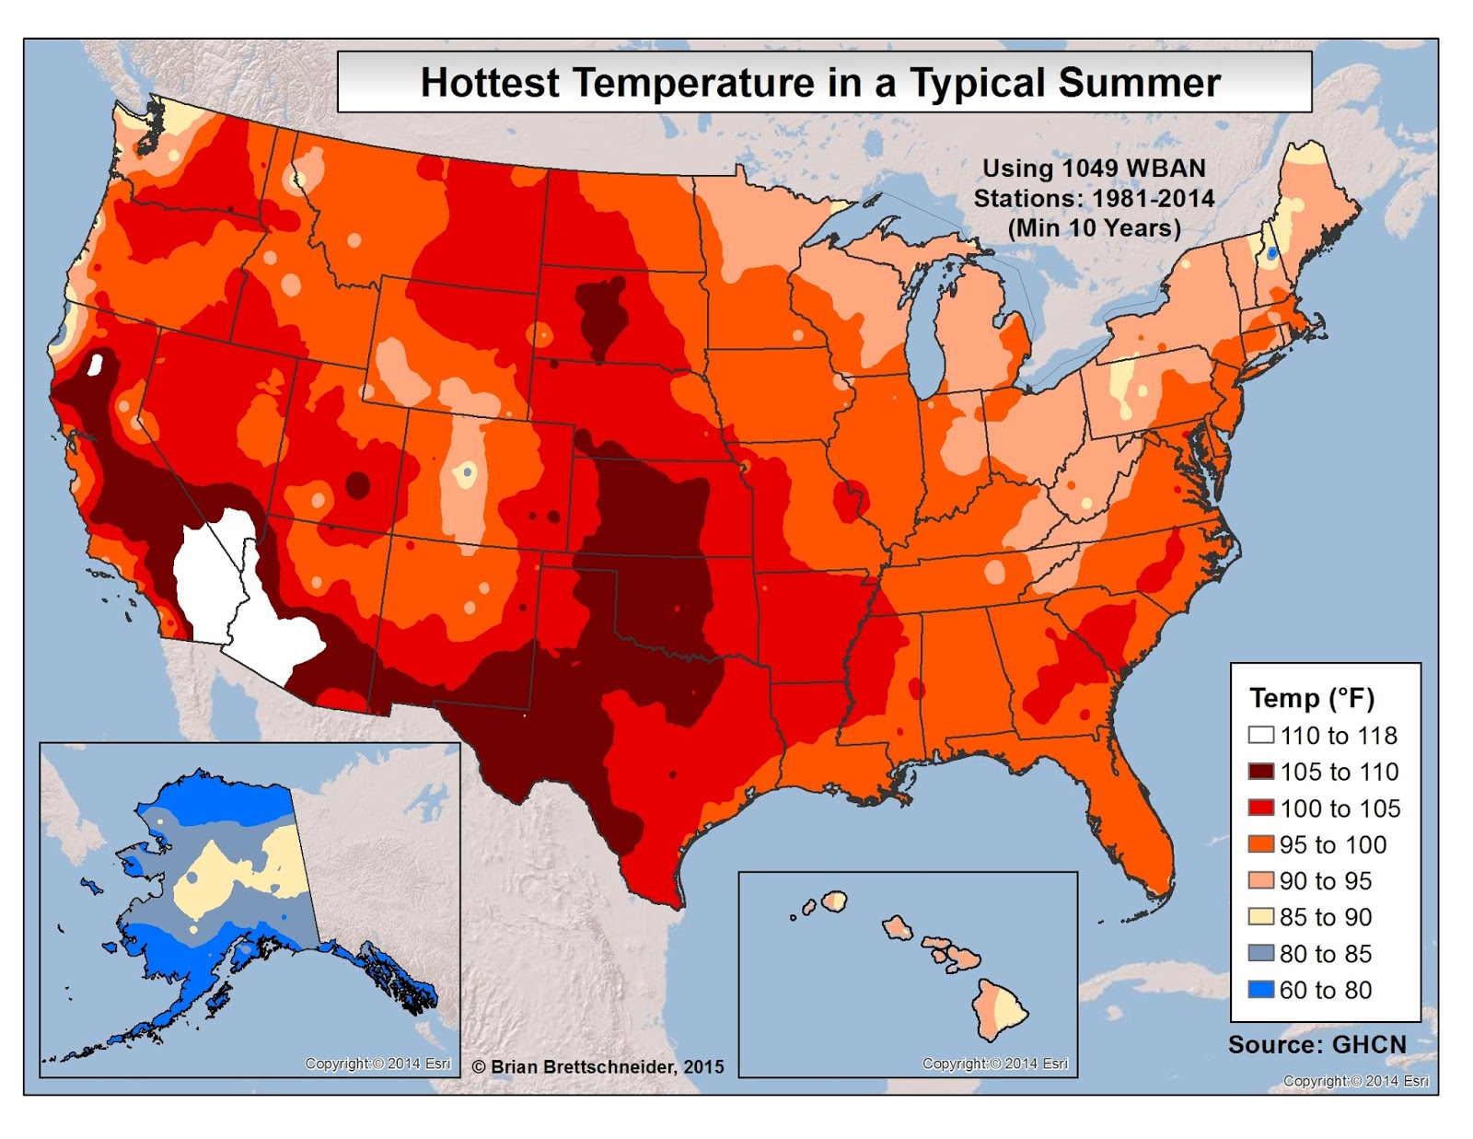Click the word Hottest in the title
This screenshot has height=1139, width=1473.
click(489, 83)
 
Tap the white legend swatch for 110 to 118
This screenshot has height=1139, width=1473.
click(1260, 735)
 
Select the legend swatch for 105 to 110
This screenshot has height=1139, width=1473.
click(1260, 772)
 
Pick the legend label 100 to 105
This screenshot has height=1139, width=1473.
click(1340, 808)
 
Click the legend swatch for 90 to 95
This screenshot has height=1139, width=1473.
click(1260, 880)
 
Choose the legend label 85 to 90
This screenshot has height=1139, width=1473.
click(1325, 917)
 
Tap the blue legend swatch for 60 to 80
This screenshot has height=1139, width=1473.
click(1260, 990)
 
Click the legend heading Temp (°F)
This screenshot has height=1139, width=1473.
click(1311, 698)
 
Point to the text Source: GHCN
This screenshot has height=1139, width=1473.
click(1316, 1044)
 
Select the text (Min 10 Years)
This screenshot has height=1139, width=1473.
click(1094, 227)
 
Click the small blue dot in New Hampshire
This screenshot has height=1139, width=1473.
click(1271, 251)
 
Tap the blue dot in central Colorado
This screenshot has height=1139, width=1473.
click(468, 472)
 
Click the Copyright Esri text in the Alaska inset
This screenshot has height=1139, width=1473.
click(377, 1063)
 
